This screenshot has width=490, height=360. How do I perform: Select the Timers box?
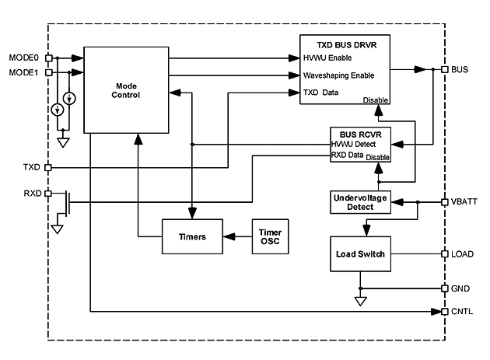tap(191, 236)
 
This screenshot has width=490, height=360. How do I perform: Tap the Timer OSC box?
tap(271, 236)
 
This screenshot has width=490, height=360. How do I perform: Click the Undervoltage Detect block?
tap(359, 202)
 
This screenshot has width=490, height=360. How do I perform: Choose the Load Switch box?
tap(359, 254)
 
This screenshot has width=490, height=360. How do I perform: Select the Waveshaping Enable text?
tap(339, 75)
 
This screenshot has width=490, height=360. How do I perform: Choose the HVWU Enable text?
tap(330, 58)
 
